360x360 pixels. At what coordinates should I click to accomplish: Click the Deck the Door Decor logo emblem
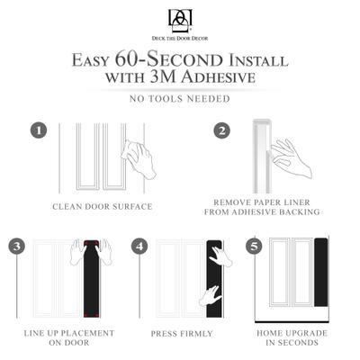(180, 20)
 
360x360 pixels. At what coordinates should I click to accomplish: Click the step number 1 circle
(38, 130)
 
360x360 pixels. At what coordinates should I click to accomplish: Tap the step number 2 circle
(221, 130)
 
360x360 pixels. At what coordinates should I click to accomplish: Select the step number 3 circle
(17, 246)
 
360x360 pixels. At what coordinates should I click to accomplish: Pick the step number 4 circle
(139, 246)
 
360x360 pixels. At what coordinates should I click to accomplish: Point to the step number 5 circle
(255, 246)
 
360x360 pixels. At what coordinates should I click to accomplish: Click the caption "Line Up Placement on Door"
(68, 337)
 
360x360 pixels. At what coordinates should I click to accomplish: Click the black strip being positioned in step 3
(90, 283)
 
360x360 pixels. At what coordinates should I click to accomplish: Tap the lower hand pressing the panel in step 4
(211, 294)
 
